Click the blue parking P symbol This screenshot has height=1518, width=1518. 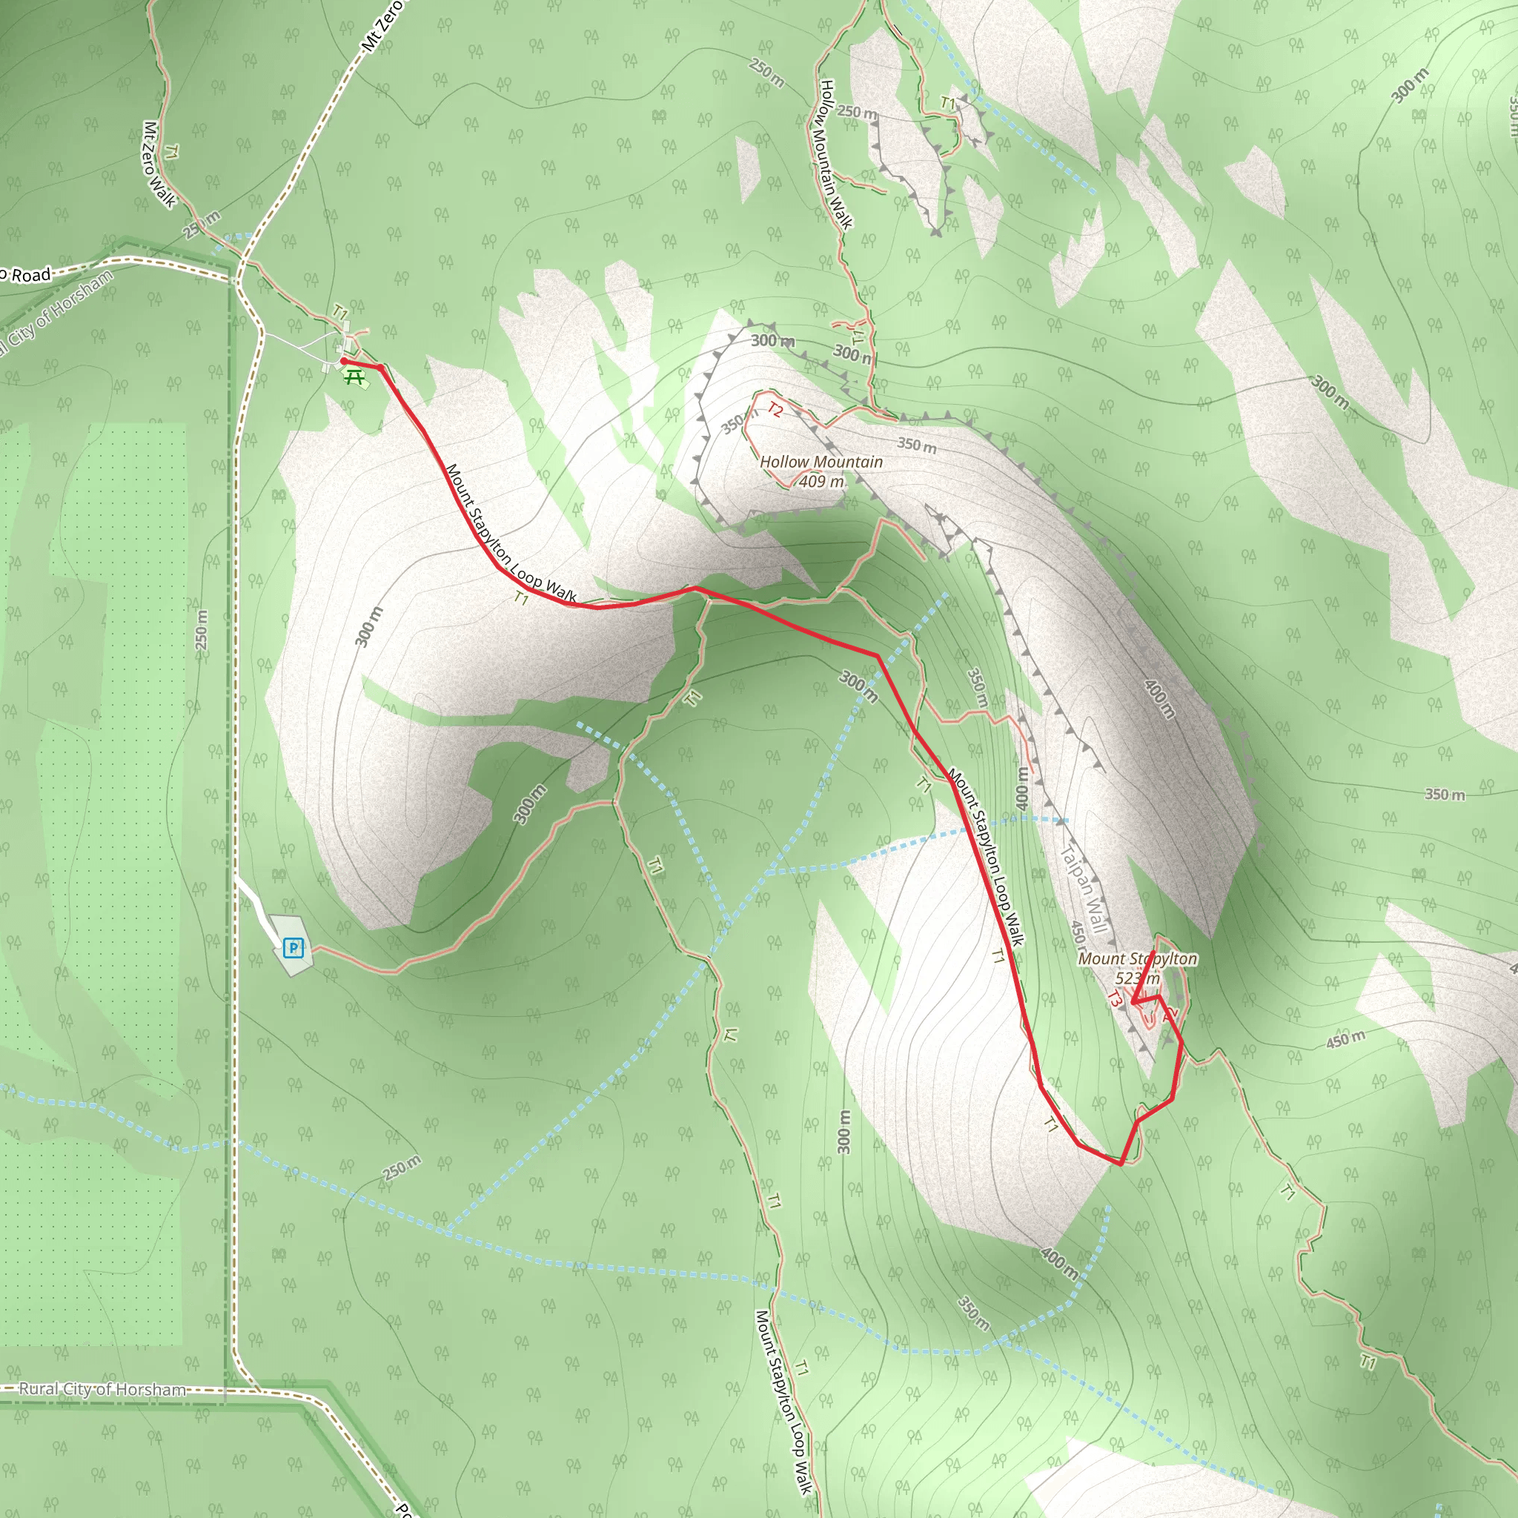pyautogui.click(x=293, y=947)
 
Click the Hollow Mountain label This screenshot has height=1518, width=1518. pyautogui.click(x=821, y=462)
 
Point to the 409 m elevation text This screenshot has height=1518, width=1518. pyautogui.click(x=822, y=482)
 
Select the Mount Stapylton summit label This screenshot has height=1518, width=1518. pyautogui.click(x=1138, y=958)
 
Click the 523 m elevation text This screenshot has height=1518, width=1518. pyautogui.click(x=1137, y=978)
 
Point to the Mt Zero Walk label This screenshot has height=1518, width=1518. pyautogui.click(x=159, y=165)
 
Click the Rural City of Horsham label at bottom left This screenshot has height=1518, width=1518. pyautogui.click(x=102, y=1389)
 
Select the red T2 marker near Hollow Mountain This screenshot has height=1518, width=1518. pyautogui.click(x=775, y=409)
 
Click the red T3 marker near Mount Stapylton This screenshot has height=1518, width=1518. pyautogui.click(x=1114, y=998)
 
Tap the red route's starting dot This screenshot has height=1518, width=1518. pyautogui.click(x=343, y=362)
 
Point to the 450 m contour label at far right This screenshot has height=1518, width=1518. pyautogui.click(x=1346, y=1038)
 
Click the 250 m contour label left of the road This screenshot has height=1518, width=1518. pyautogui.click(x=202, y=629)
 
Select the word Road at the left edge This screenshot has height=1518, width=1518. pyautogui.click(x=31, y=275)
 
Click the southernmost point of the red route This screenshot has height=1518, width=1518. pyautogui.click(x=1121, y=1164)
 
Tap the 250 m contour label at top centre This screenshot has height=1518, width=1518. pyautogui.click(x=766, y=73)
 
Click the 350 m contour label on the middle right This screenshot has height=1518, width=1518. pyautogui.click(x=1445, y=795)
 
